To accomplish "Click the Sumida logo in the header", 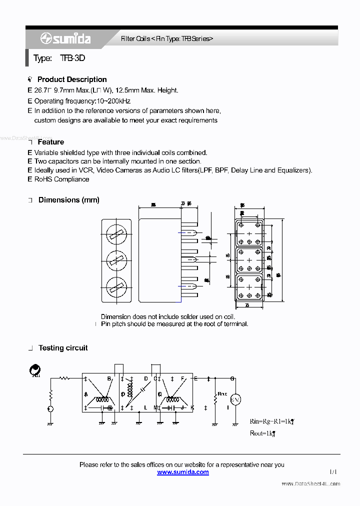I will point(65,39).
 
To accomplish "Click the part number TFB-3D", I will point(72,58).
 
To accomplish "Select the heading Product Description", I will point(72,79).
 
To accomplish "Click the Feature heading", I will point(51,142).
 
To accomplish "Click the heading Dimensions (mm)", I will point(69,200).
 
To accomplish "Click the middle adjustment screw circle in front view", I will point(117,259).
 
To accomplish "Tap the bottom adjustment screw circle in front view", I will point(117,287).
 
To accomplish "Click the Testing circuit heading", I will point(63,348).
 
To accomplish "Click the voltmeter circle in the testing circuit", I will point(235,399).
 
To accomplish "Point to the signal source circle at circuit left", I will point(50,409).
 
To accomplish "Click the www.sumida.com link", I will point(183,472).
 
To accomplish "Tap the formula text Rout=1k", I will point(262,433).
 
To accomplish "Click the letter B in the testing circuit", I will point(109,378).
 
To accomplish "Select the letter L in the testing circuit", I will point(145,408).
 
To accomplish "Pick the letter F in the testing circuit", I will point(182,378).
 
